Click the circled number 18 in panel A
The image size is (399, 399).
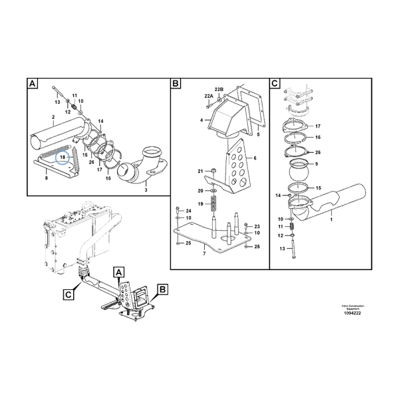coord(63,157)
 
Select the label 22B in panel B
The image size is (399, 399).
coord(219,89)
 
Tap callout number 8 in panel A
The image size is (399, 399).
coord(46,179)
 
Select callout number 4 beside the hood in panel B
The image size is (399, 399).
coord(200,120)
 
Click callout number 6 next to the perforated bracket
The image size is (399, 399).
coord(255,158)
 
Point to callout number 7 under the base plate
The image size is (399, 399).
coord(204,253)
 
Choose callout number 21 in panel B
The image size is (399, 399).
coord(199,172)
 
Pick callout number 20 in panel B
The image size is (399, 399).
coord(199,191)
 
